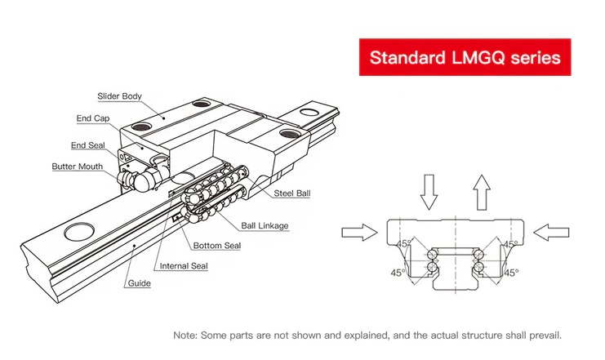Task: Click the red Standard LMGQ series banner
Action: pos(465,57)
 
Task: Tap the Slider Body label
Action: pos(119,96)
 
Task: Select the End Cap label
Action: pos(94,118)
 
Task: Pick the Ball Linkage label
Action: pos(265,226)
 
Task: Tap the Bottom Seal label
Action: pos(216,246)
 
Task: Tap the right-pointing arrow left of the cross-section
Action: pos(359,233)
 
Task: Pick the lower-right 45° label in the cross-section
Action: pos(511,273)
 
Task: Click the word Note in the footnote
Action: pos(185,336)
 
